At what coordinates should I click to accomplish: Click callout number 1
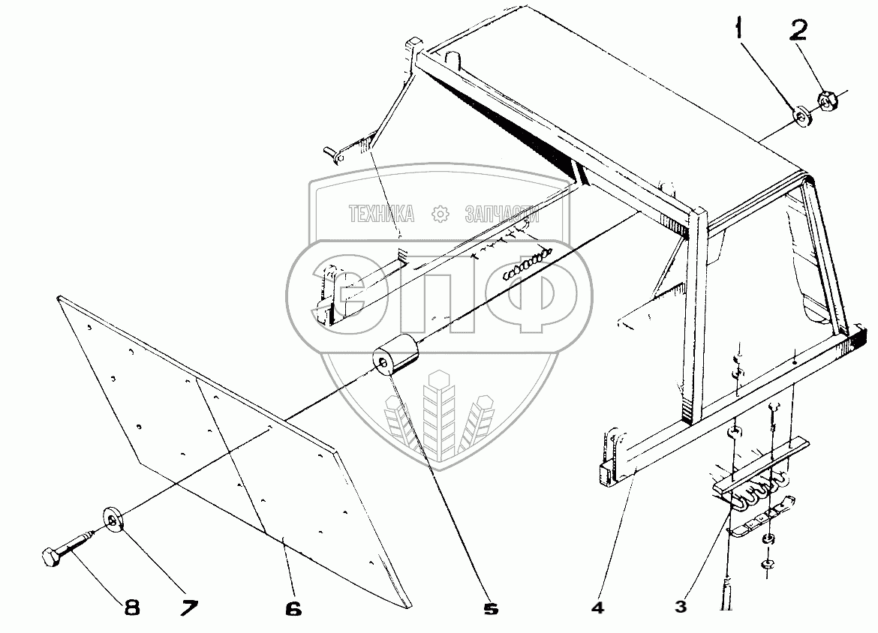pyautogui.click(x=741, y=28)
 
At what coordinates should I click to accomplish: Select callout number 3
pyautogui.click(x=680, y=607)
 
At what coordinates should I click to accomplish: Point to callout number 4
pyautogui.click(x=597, y=607)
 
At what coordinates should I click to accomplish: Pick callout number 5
pyautogui.click(x=491, y=608)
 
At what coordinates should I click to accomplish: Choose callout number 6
pyautogui.click(x=293, y=608)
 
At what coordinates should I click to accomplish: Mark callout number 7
pyautogui.click(x=190, y=607)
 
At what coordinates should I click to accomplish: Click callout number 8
pyautogui.click(x=131, y=607)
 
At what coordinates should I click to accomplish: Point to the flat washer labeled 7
pyautogui.click(x=113, y=520)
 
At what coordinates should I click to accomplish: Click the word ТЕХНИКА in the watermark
pyautogui.click(x=382, y=214)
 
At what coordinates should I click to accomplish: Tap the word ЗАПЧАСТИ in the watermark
pyautogui.click(x=502, y=214)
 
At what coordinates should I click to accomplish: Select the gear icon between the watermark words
pyautogui.click(x=440, y=214)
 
